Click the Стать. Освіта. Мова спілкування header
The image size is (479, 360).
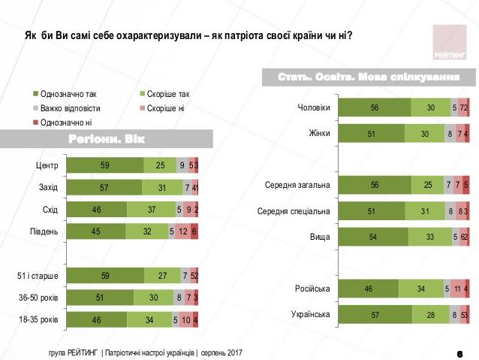(x=369, y=77)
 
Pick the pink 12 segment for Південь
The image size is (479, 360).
(x=183, y=231)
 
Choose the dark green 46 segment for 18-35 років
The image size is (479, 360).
(x=96, y=319)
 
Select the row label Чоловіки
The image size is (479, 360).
(x=314, y=107)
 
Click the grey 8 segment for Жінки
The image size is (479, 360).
(x=450, y=134)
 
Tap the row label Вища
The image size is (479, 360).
(x=320, y=237)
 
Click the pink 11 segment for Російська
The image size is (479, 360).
(x=456, y=288)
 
